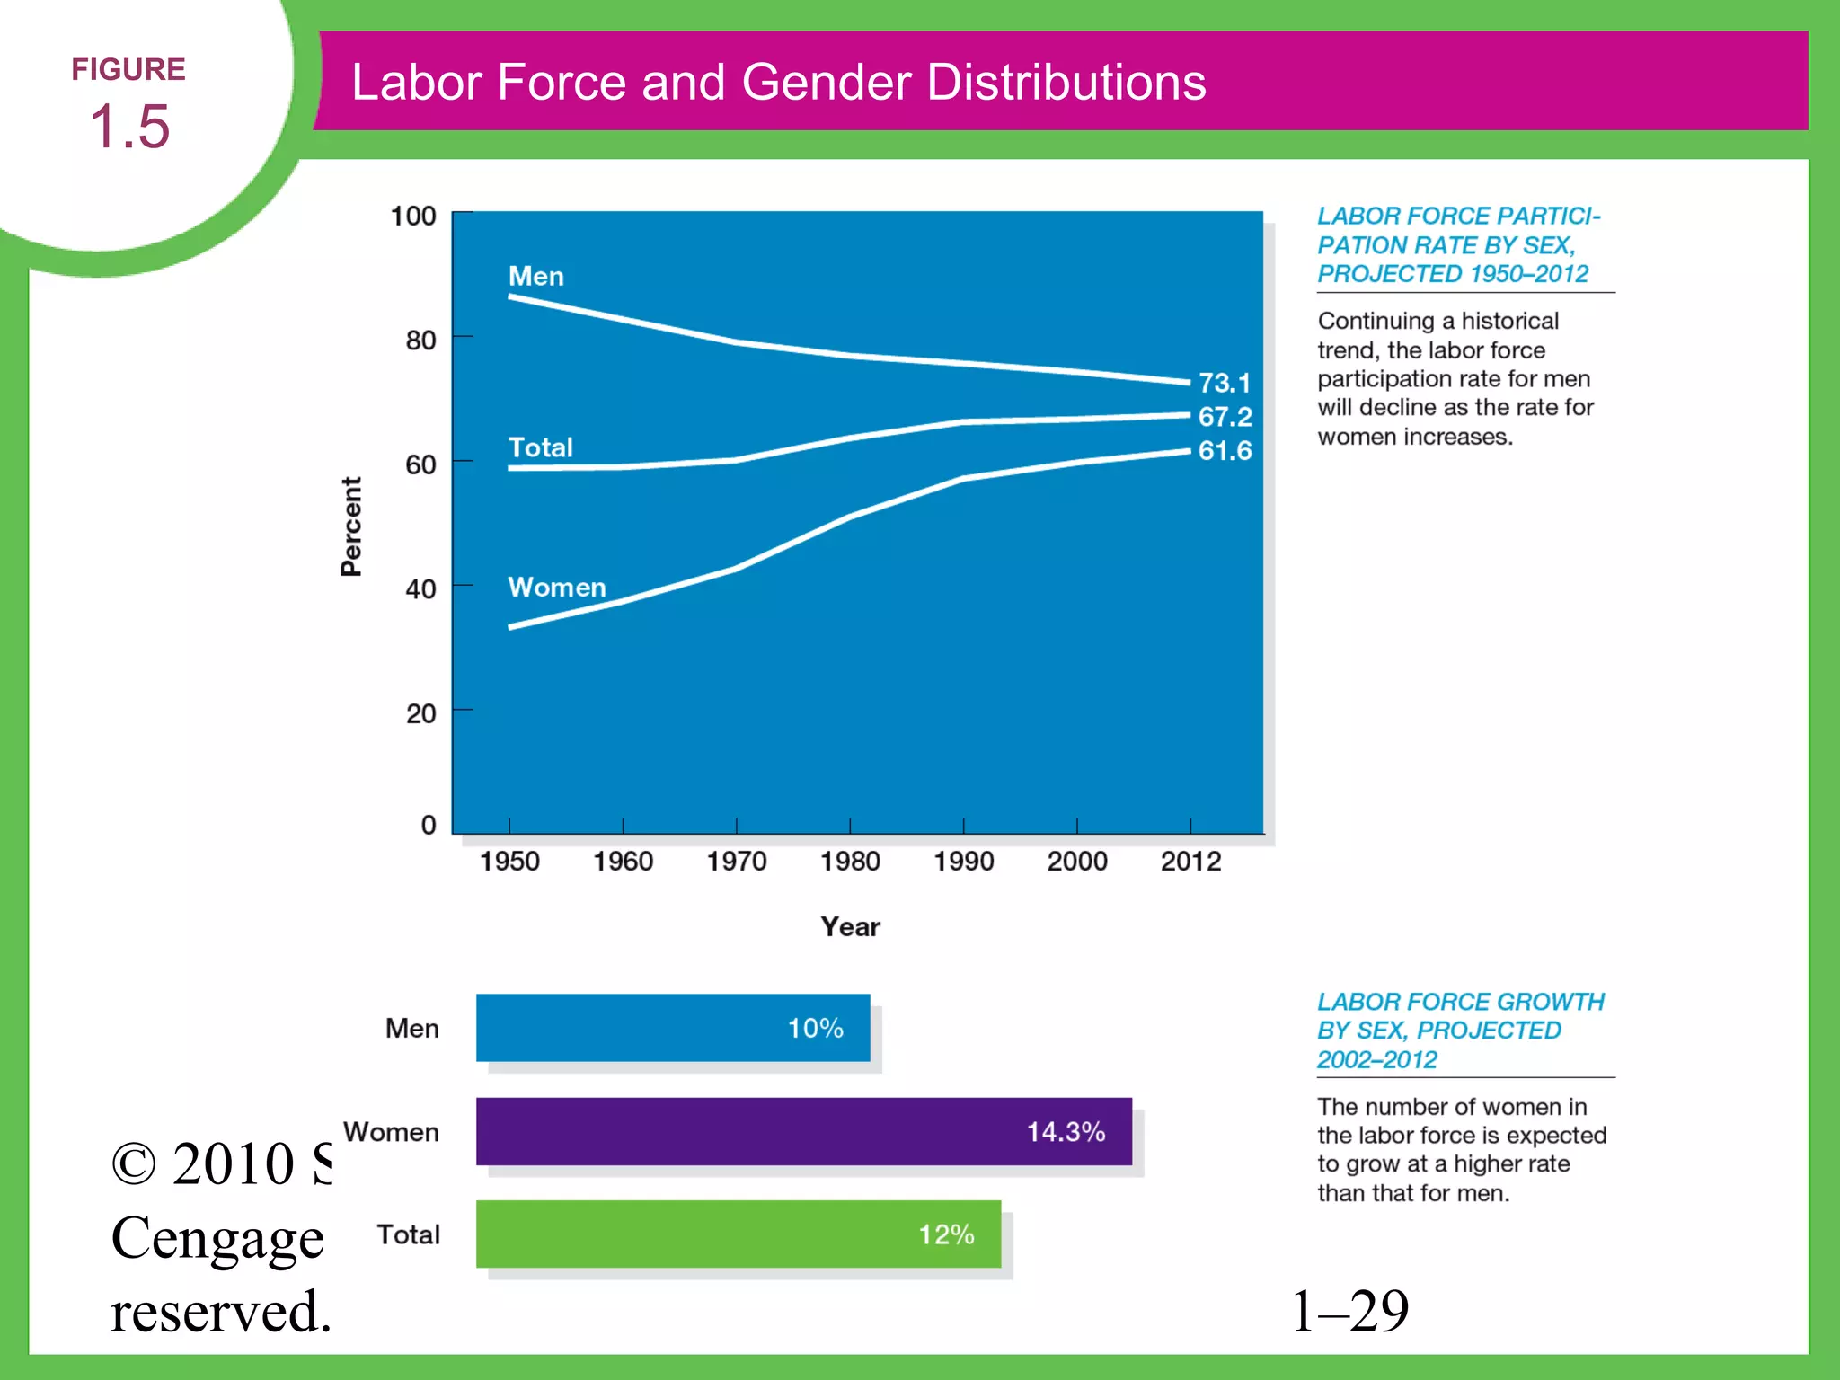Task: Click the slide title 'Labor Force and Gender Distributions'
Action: (778, 83)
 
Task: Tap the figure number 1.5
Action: (129, 126)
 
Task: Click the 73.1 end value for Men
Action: (1224, 384)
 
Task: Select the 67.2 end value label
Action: (1225, 417)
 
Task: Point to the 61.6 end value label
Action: (1225, 451)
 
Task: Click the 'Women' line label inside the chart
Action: (557, 588)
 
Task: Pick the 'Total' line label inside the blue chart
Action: (540, 447)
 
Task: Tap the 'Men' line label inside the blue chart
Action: (536, 276)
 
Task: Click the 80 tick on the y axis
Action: (420, 341)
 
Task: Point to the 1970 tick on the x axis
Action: (736, 862)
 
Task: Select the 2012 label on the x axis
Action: (1190, 862)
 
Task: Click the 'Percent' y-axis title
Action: (351, 526)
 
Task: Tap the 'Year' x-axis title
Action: (850, 927)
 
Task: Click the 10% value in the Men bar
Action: (815, 1029)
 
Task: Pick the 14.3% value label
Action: (1066, 1132)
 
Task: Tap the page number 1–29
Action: (1349, 1311)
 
